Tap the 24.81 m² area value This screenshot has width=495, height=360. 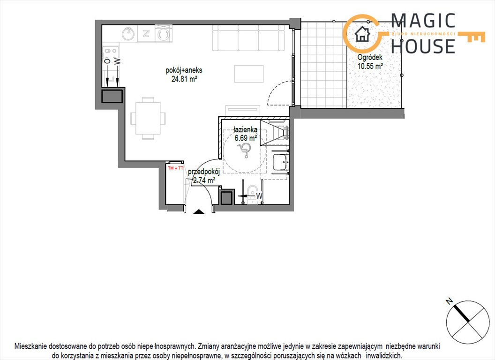coord(183,79)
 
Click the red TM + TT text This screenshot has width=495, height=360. coord(176,167)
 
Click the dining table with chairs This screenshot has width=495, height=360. coord(148,118)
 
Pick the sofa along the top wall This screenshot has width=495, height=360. coord(249,38)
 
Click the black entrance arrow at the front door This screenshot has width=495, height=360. coord(199,211)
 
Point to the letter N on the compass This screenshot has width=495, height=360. coord(449,301)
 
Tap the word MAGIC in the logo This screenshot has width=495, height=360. coord(423,21)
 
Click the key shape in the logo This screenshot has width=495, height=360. coord(471,37)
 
